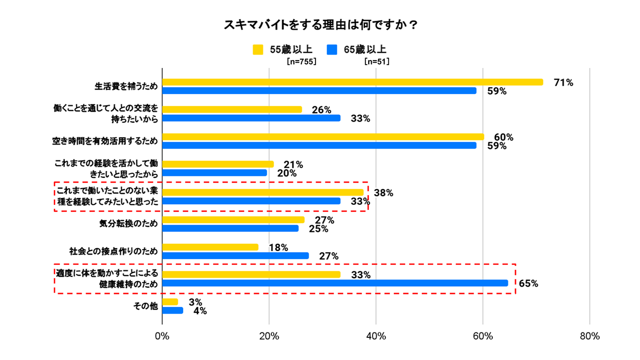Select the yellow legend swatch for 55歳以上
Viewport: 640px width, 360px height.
(258, 50)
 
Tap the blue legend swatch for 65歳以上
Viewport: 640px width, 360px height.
(332, 50)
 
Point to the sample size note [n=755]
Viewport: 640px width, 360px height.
(301, 62)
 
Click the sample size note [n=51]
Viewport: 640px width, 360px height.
(377, 62)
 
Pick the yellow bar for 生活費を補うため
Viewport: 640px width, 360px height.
(352, 82)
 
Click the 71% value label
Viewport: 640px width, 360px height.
(563, 83)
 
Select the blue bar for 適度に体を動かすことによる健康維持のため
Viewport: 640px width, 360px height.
(335, 283)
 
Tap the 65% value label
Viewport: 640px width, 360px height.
(528, 284)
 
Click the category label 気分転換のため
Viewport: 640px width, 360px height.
(128, 224)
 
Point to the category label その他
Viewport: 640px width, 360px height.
(146, 306)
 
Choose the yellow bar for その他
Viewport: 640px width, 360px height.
(170, 302)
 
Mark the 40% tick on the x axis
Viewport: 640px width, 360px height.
(376, 336)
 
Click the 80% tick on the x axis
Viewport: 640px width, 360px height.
(590, 336)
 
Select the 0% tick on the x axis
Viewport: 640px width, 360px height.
(162, 336)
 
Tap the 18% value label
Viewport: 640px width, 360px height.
(278, 248)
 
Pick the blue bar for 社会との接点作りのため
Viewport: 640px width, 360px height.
(235, 256)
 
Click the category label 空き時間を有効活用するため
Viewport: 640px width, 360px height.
(105, 141)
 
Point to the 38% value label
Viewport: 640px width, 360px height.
(384, 193)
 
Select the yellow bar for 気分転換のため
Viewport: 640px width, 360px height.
(233, 220)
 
